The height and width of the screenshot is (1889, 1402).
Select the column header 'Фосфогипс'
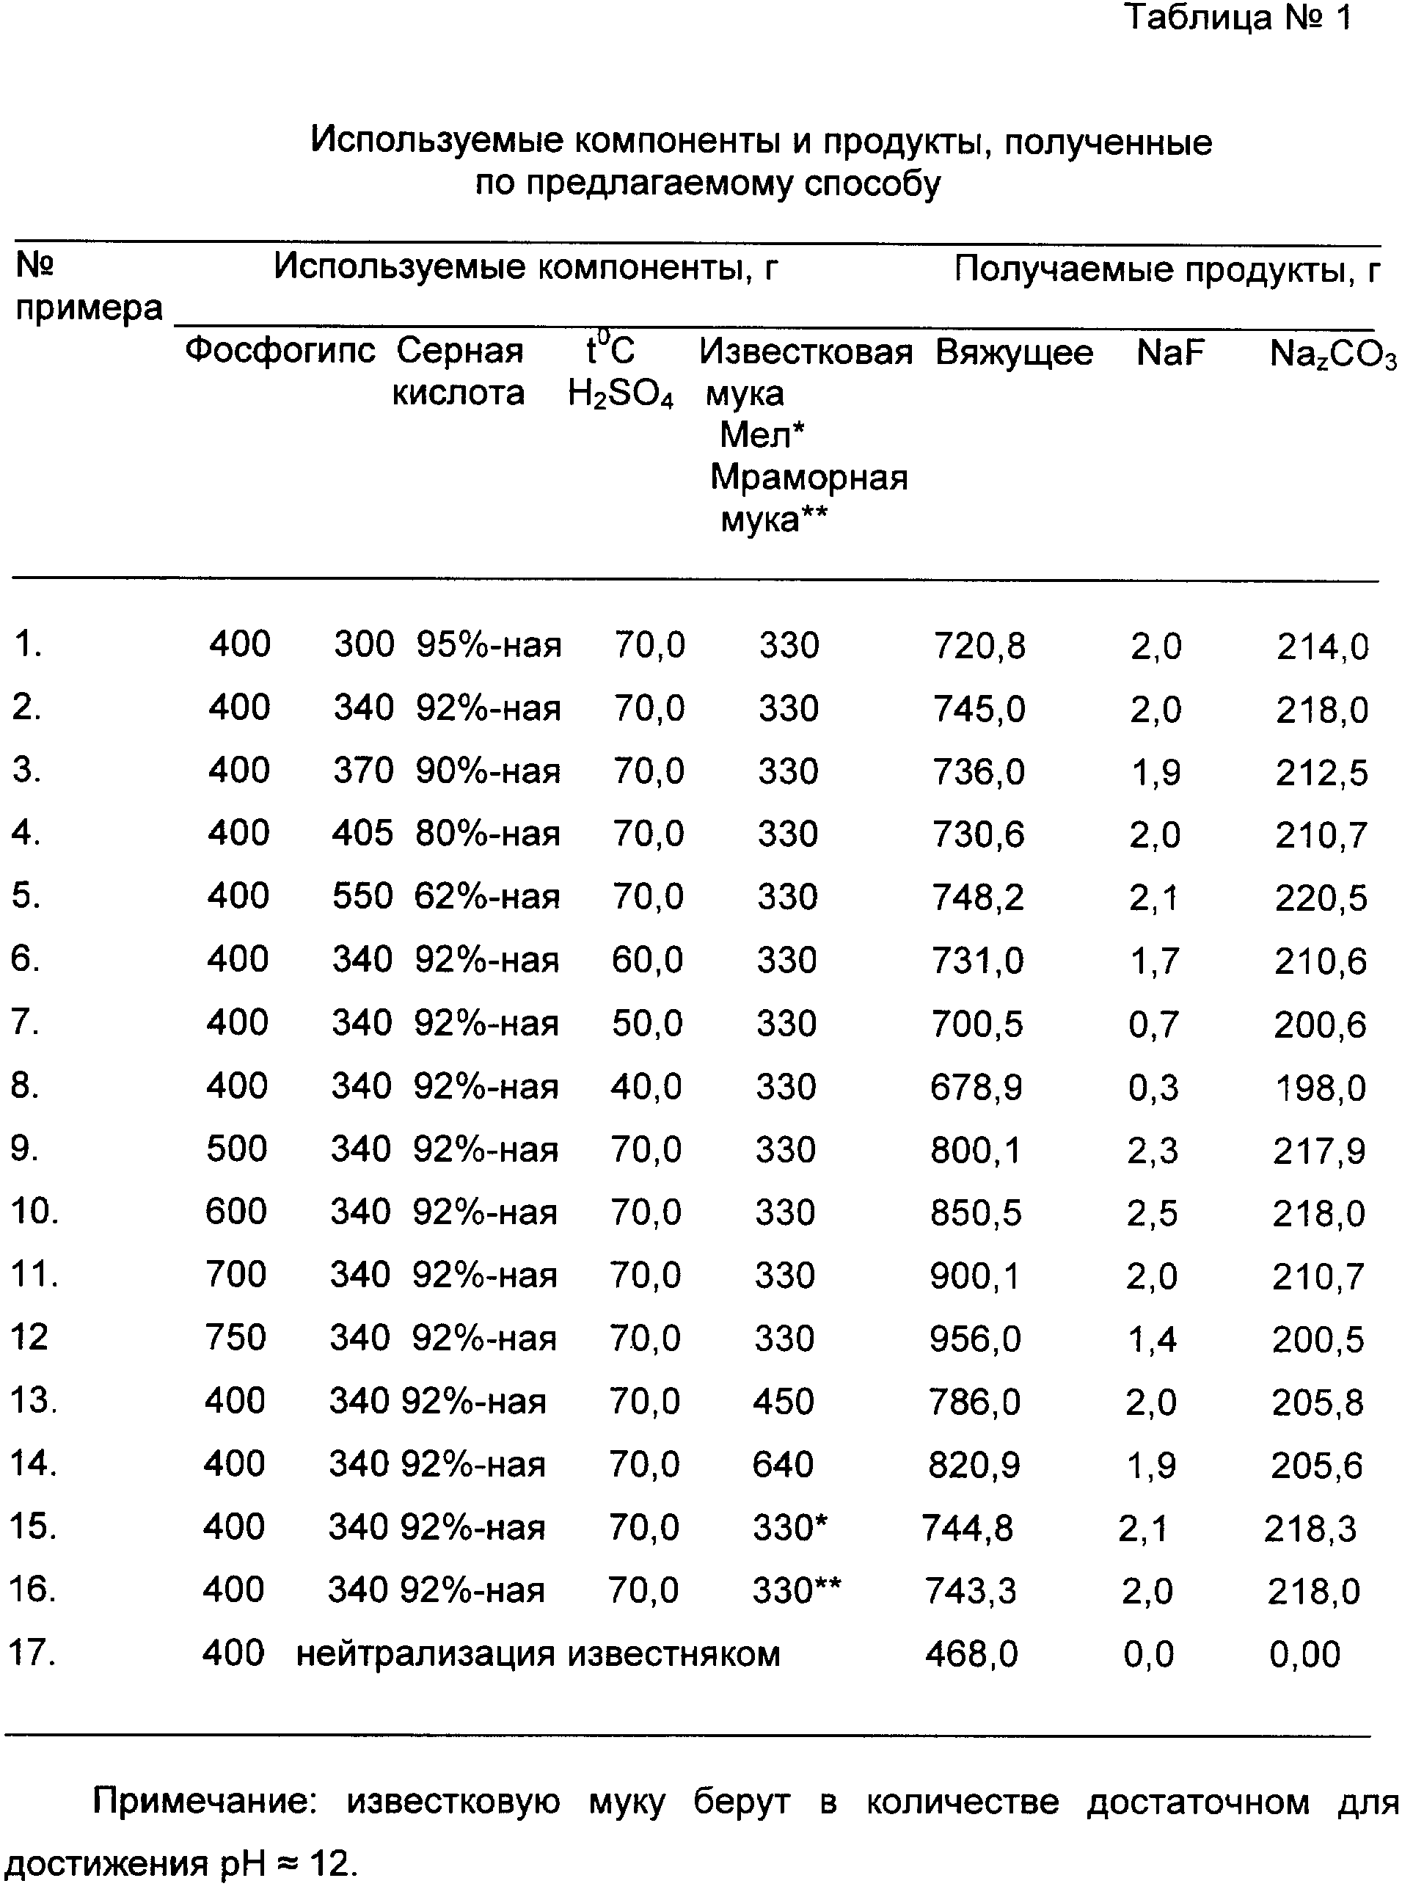280,350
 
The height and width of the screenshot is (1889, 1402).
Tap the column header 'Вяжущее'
1014,352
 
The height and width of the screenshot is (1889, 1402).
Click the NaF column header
1170,352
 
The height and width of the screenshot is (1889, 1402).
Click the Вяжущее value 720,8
979,646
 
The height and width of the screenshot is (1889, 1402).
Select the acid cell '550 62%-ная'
446,897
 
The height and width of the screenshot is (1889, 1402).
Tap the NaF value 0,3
1153,1088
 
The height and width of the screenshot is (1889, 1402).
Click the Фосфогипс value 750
235,1338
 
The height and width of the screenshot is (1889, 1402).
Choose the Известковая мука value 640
783,1463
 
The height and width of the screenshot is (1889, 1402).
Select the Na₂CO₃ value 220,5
1321,898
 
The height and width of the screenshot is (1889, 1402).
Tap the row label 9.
25,1149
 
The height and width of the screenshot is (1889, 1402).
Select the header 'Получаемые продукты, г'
1167,270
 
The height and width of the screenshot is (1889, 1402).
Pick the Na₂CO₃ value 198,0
1321,1088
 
